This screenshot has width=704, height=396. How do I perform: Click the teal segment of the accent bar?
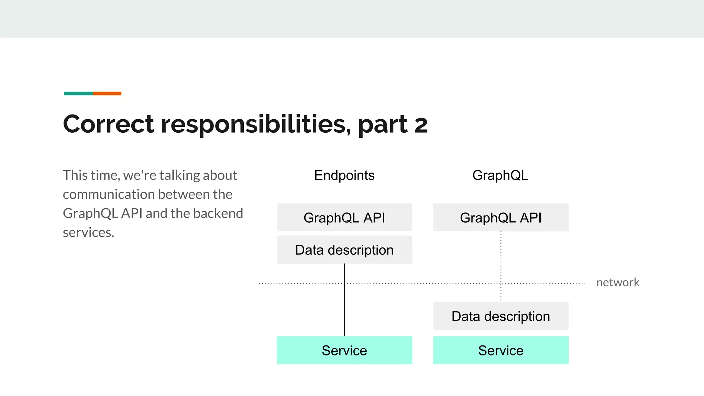tap(78, 93)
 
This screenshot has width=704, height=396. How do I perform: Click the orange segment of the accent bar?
tap(107, 93)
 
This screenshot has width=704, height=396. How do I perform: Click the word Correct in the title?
tap(109, 124)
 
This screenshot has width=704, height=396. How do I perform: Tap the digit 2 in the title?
tap(421, 125)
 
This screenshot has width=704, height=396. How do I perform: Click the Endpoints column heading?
tap(344, 175)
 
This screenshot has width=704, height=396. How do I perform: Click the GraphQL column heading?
tap(500, 175)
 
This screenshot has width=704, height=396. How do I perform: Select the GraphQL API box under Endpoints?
tap(344, 218)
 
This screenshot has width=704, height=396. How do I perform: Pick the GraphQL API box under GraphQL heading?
tap(500, 218)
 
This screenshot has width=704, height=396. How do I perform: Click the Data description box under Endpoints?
tap(344, 250)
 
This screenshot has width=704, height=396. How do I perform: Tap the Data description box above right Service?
tap(500, 316)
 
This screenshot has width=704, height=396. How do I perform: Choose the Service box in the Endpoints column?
tap(344, 350)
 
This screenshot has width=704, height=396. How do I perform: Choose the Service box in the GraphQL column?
tap(500, 350)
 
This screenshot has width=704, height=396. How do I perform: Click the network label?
tap(618, 283)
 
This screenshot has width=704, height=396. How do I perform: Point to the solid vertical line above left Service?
tap(344, 309)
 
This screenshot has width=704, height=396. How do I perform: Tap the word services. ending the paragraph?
tap(88, 233)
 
